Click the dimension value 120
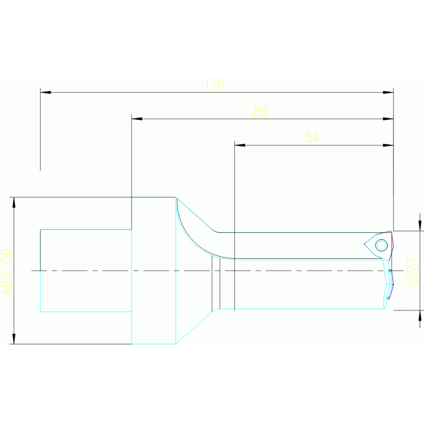(x=214, y=85)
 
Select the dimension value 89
(x=260, y=112)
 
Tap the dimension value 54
(x=312, y=138)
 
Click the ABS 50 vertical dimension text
(x=6, y=271)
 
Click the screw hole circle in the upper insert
(x=380, y=244)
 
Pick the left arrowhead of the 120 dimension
(x=45, y=92)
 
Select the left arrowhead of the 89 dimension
(x=137, y=119)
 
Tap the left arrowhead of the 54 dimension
(x=239, y=145)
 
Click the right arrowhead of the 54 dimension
(x=388, y=145)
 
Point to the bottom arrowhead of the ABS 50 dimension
(x=14, y=338)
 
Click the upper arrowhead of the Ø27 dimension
(x=420, y=226)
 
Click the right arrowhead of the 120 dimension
(x=388, y=92)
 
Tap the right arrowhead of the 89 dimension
(x=388, y=119)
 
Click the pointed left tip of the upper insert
(x=365, y=244)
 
